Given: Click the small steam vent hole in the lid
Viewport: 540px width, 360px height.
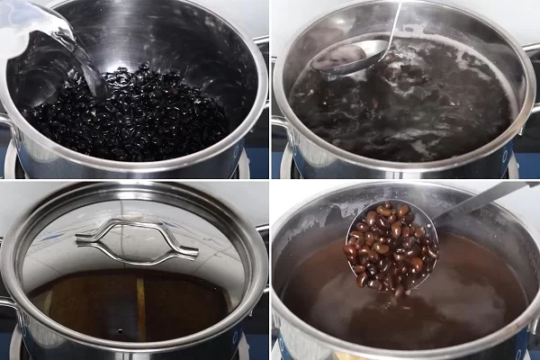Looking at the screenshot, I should click(118, 332).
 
